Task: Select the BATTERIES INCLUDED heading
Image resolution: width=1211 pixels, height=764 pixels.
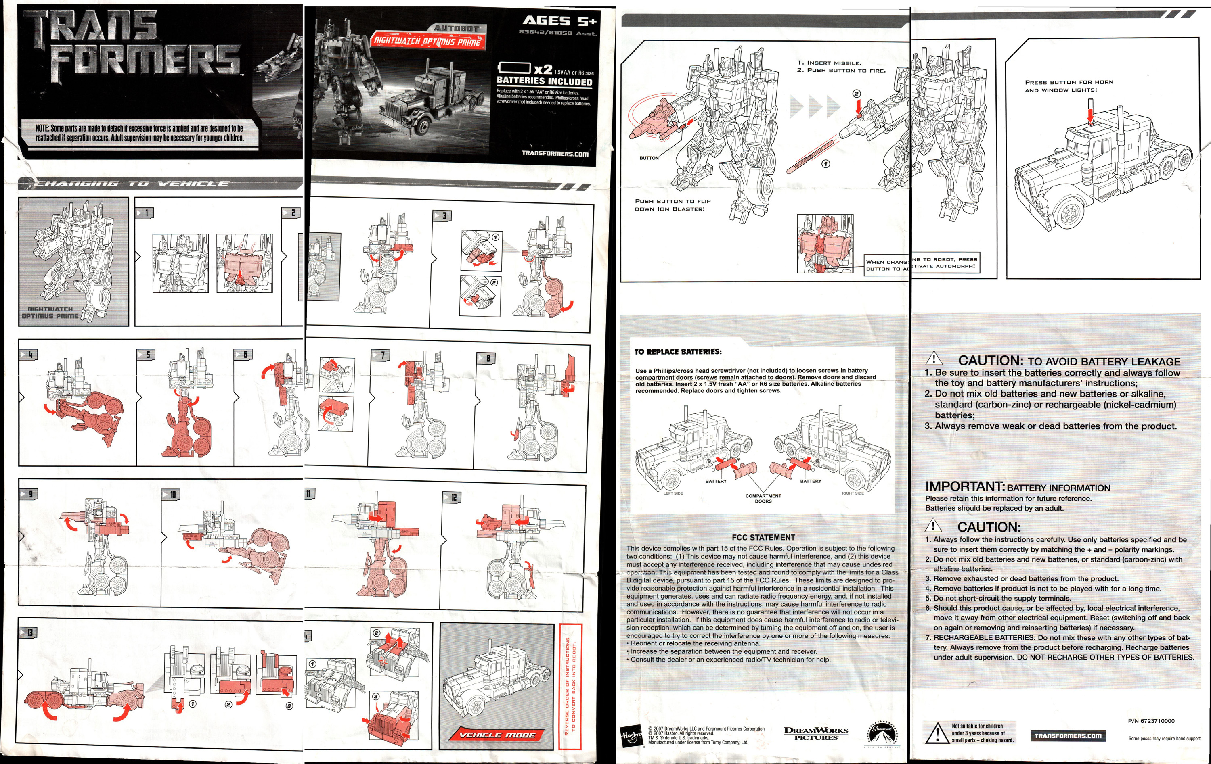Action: pyautogui.click(x=544, y=81)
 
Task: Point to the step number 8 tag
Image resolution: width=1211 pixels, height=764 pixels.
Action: pyautogui.click(x=486, y=358)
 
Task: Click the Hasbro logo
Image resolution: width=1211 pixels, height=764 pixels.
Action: pyautogui.click(x=631, y=736)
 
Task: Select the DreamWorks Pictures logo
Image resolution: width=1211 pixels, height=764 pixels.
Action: pyautogui.click(x=816, y=734)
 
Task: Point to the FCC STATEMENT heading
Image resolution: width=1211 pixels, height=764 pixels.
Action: pyautogui.click(x=763, y=537)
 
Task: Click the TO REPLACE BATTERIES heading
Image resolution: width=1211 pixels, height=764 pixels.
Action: pyautogui.click(x=677, y=352)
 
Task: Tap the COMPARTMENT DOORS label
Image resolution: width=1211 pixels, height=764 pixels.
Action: pyautogui.click(x=763, y=498)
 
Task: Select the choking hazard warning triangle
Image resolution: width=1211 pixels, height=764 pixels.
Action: pyautogui.click(x=936, y=733)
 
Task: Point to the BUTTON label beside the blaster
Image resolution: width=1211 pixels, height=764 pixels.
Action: pyautogui.click(x=649, y=158)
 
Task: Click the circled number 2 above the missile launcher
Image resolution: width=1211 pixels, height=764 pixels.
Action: pyautogui.click(x=857, y=94)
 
